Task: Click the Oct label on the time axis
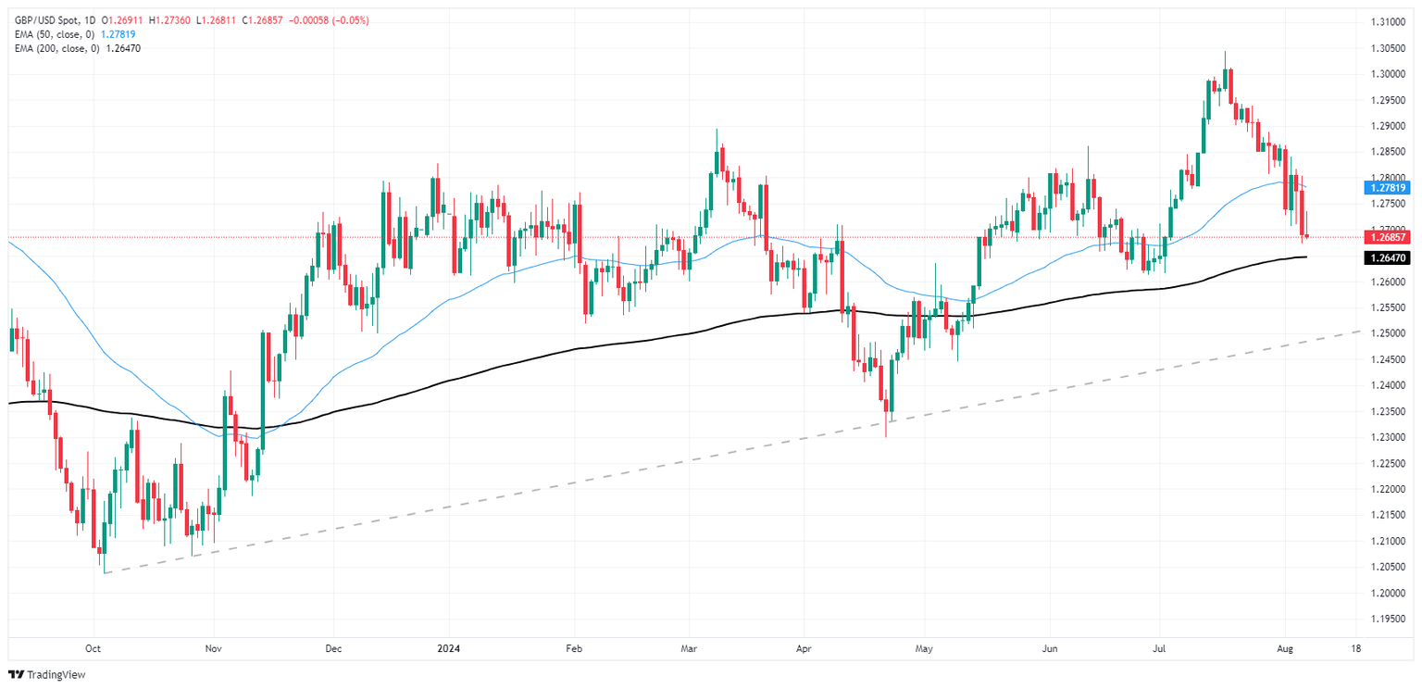pos(93,649)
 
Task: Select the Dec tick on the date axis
pos(334,649)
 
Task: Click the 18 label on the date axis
pos(1356,649)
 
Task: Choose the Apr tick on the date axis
pos(803,649)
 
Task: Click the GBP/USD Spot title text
pos(47,19)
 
